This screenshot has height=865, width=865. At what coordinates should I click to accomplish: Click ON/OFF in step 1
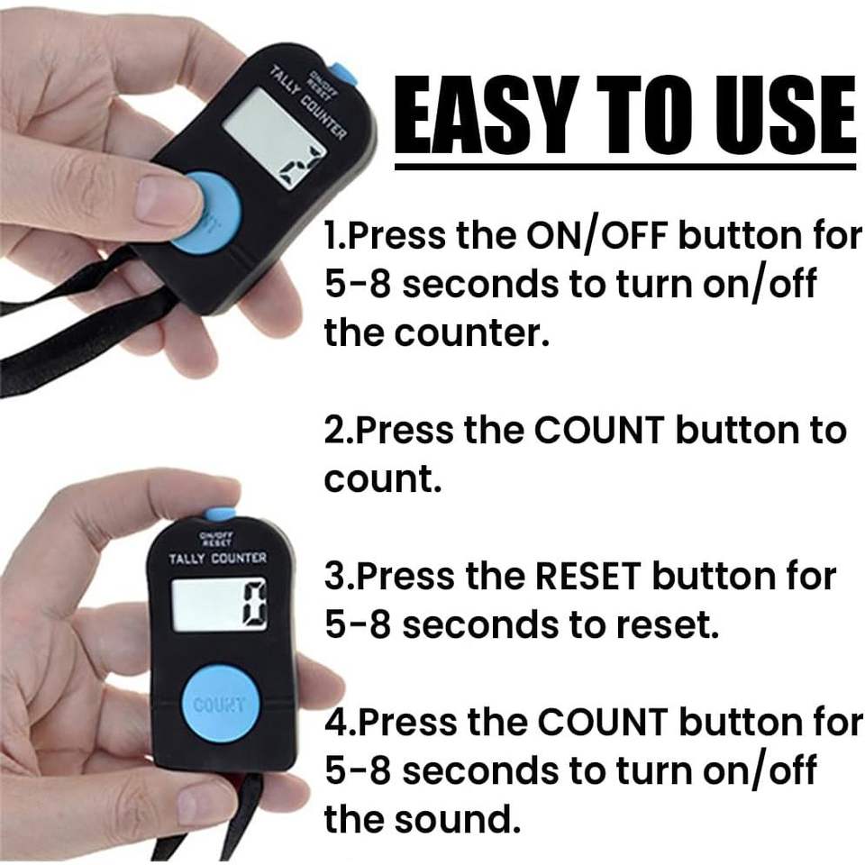click(596, 235)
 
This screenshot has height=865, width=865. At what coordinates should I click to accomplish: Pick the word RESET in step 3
click(587, 576)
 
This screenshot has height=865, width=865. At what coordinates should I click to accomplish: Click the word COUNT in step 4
click(603, 721)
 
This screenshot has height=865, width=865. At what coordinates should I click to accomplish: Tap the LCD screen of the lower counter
click(219, 605)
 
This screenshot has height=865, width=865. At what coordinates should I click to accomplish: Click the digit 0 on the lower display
click(253, 605)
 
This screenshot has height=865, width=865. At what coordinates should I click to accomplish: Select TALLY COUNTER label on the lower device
click(218, 559)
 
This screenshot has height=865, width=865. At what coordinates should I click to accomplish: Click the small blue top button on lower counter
click(221, 515)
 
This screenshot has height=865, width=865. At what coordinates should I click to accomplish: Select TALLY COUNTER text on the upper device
click(308, 103)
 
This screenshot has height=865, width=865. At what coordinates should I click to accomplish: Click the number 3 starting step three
click(333, 576)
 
